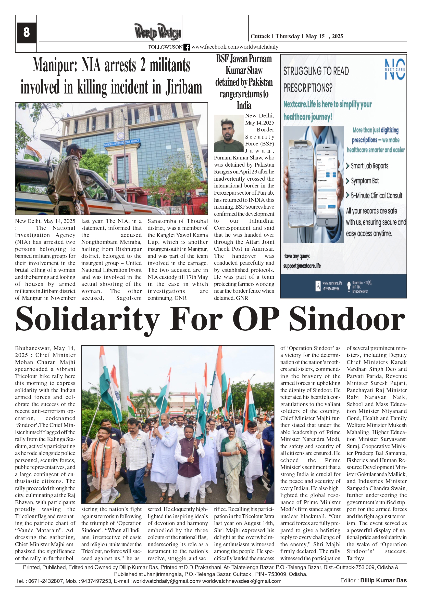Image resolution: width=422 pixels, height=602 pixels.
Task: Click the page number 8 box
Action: click(26, 33)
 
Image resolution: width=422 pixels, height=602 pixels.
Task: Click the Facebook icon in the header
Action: click(187, 47)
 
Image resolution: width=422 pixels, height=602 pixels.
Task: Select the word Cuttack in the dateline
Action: click(260, 36)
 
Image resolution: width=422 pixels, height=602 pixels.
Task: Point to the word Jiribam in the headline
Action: click(183, 88)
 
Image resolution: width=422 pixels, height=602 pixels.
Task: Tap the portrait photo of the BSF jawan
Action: click(228, 133)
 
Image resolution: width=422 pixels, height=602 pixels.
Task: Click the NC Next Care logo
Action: click(395, 69)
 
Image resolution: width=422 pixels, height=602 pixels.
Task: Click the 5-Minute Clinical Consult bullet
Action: click(376, 196)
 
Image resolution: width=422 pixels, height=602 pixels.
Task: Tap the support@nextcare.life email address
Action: click(302, 266)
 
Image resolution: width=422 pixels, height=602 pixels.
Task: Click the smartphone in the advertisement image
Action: click(326, 185)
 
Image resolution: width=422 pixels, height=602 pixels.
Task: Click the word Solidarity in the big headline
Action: click(88, 319)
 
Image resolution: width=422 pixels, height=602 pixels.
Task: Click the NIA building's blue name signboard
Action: click(122, 143)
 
